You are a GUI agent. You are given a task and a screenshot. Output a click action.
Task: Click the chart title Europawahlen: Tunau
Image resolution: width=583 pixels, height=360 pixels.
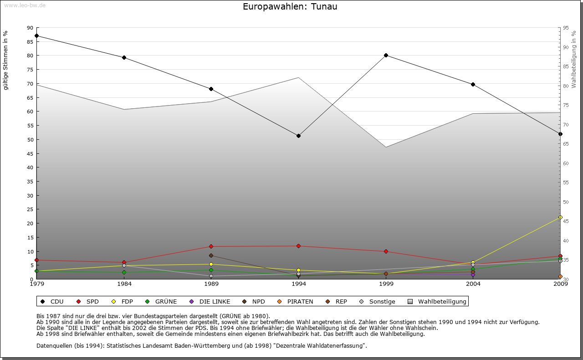[290, 7]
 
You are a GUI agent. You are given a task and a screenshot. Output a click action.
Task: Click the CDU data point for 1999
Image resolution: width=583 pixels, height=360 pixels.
[386, 55]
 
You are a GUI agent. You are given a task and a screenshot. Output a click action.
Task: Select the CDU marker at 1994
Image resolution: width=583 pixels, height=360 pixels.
[298, 136]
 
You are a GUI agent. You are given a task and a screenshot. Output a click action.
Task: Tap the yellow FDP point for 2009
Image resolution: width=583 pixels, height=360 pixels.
[560, 218]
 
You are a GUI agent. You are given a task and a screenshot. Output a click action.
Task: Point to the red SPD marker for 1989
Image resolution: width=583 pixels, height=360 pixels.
[211, 247]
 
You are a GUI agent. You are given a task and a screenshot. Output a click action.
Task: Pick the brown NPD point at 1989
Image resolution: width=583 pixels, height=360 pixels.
[211, 256]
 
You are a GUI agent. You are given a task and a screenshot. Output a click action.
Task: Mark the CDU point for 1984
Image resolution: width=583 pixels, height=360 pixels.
[124, 57]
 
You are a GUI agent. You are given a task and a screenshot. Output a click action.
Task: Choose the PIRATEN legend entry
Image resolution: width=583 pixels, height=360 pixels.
[296, 301]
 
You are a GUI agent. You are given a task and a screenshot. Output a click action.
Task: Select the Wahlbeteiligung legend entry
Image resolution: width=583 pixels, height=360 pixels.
[437, 301]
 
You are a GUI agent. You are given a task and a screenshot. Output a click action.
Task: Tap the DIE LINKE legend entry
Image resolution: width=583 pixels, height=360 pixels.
[210, 301]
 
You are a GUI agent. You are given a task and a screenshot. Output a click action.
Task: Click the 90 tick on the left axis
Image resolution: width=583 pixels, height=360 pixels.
[30, 28]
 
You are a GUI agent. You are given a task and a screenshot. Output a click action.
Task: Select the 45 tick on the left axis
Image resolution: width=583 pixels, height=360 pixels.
[30, 154]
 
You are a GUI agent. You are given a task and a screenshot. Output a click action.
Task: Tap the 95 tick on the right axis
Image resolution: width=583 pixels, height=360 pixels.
[566, 28]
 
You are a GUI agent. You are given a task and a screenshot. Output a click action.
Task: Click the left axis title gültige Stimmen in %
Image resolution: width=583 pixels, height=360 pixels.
[6, 60]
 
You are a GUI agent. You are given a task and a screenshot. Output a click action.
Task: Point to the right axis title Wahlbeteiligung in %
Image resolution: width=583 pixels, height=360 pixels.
[573, 59]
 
